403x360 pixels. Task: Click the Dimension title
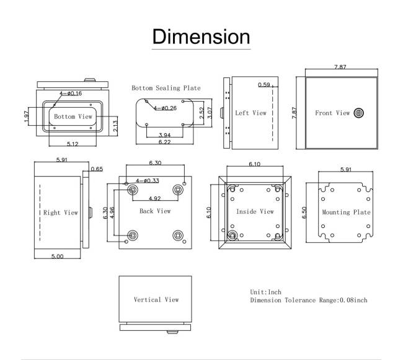pos(201,37)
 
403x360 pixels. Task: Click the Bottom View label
pos(73,116)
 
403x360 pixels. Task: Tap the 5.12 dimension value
pos(73,144)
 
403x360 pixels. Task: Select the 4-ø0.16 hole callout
pos(71,94)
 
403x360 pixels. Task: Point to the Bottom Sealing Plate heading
pos(166,88)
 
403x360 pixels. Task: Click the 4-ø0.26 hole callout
pos(166,108)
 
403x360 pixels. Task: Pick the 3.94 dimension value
pos(164,135)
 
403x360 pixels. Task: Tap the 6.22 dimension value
pos(164,142)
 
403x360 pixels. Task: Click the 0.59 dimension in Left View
pos(264,85)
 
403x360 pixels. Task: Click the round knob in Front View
pos(358,113)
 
